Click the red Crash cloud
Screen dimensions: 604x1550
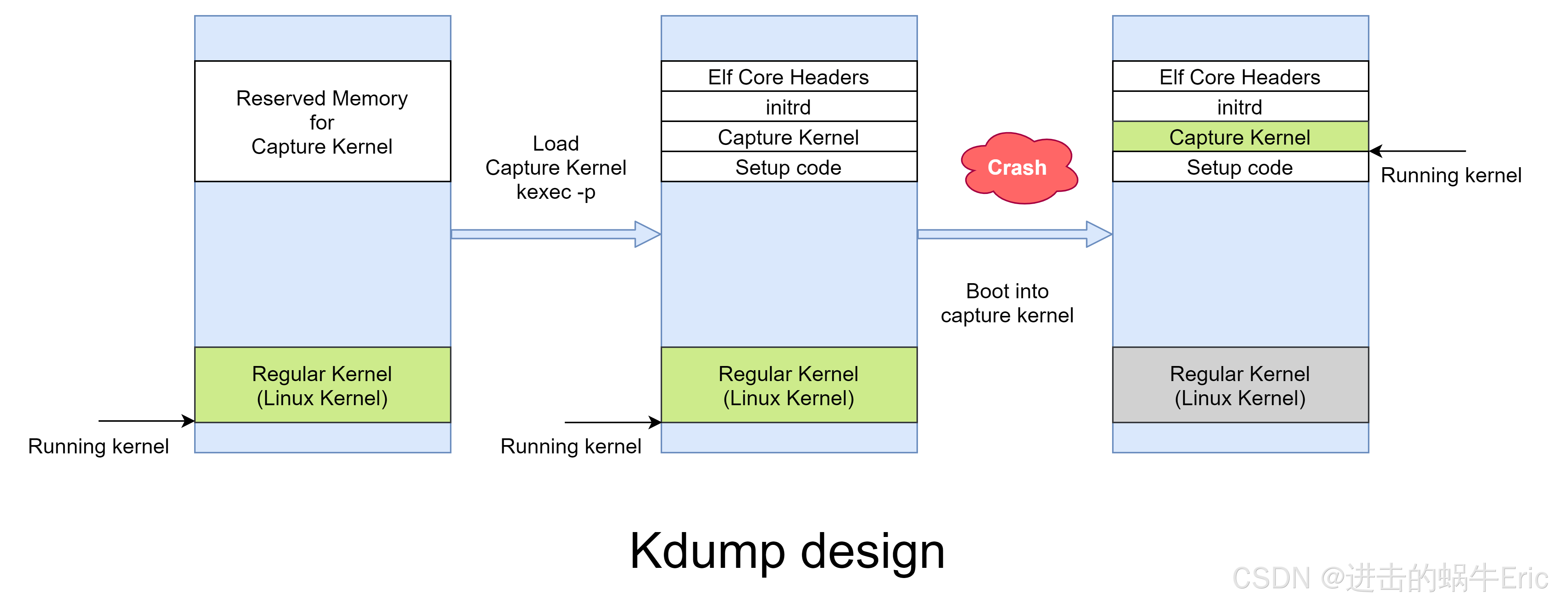coord(1018,168)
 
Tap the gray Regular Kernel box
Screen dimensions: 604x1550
coord(1240,385)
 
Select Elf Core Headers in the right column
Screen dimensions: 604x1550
coord(1240,77)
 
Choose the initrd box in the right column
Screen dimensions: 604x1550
coord(1240,107)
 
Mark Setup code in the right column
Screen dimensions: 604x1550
coord(1240,168)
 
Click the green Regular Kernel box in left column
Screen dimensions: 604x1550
coord(322,385)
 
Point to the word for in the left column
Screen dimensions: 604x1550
coord(322,123)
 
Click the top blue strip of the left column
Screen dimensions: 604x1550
coord(322,38)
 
